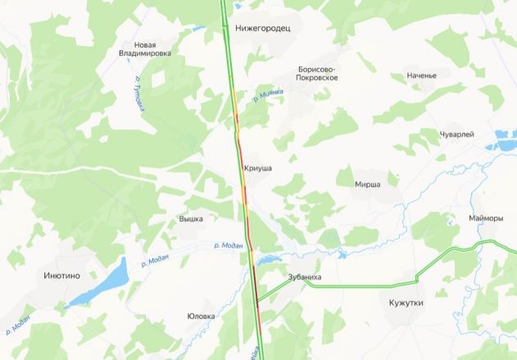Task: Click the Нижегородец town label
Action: [x=263, y=27]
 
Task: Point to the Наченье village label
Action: [x=421, y=75]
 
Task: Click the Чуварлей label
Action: [x=457, y=134]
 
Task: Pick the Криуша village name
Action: [x=257, y=168]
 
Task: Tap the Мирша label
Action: [x=367, y=185]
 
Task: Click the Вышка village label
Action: [x=190, y=219]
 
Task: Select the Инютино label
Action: [x=61, y=276]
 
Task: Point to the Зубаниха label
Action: [x=305, y=277]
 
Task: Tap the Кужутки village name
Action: [x=406, y=303]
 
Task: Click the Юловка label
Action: [x=201, y=316]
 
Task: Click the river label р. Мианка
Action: [x=268, y=96]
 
